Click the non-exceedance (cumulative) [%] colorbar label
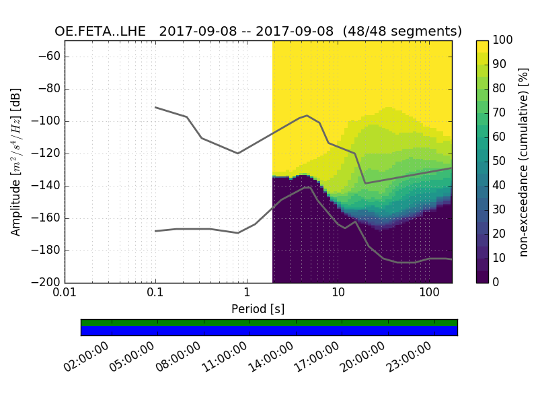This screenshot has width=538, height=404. point(523,162)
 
